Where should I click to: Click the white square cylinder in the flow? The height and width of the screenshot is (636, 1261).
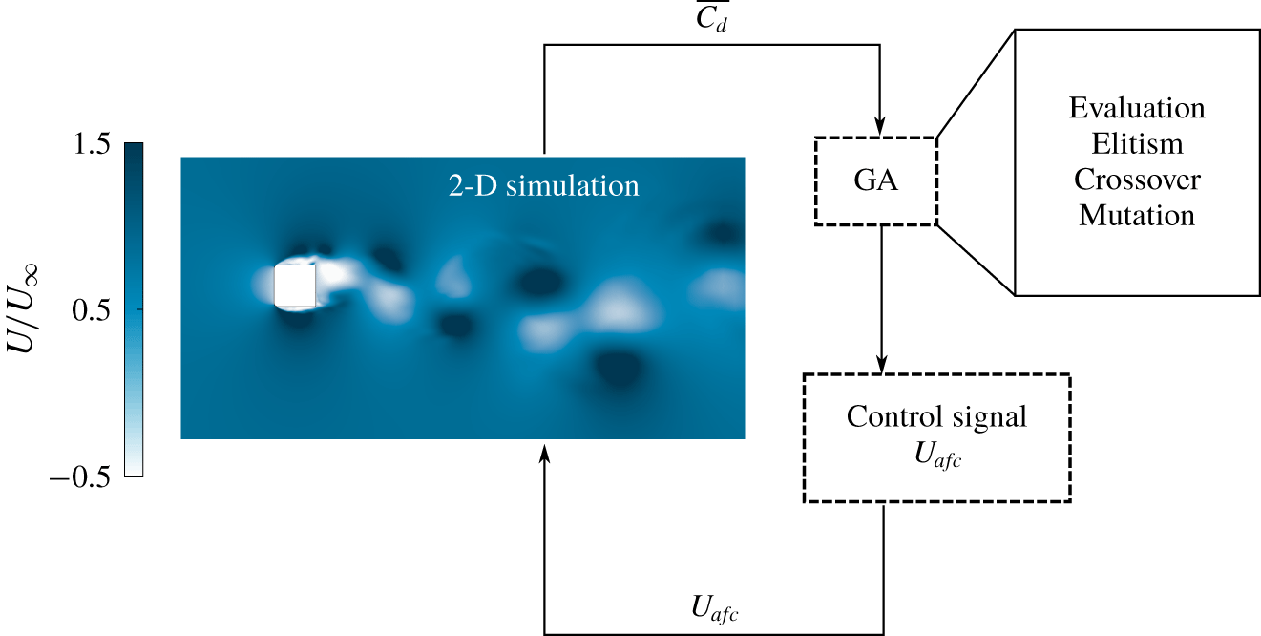click(x=295, y=286)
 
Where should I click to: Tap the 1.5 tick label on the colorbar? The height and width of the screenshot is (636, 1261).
click(x=92, y=144)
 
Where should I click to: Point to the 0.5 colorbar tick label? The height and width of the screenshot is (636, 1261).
click(x=92, y=310)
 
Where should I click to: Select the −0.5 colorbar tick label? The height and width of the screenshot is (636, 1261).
click(x=80, y=477)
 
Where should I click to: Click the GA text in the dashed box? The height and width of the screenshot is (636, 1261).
click(x=875, y=180)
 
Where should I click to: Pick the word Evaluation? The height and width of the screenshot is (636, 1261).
click(x=1137, y=108)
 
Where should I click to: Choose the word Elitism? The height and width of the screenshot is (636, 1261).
click(x=1137, y=143)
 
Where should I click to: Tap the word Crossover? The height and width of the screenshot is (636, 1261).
click(x=1137, y=180)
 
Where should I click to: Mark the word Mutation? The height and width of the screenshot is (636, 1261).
click(x=1137, y=215)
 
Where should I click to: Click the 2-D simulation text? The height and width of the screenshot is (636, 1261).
click(x=544, y=185)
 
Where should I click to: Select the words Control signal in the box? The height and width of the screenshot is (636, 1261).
click(x=936, y=418)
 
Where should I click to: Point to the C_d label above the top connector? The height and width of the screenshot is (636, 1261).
click(x=711, y=17)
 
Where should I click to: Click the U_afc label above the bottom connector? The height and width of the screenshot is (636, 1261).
click(x=714, y=609)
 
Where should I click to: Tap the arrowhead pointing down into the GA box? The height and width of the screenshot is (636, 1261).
click(x=880, y=127)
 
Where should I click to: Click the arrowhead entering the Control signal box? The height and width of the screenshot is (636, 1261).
click(x=882, y=364)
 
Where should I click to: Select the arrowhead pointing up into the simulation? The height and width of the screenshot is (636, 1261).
click(x=544, y=453)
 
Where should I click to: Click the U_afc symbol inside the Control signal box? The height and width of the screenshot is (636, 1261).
click(x=937, y=456)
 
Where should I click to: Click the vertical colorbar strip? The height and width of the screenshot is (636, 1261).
click(x=134, y=309)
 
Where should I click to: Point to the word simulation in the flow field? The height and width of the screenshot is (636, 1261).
click(x=573, y=185)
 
